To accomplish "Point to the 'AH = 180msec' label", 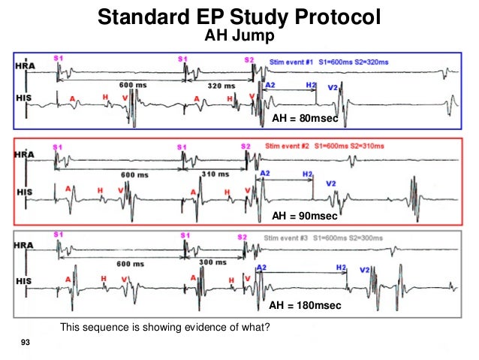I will click(305, 306).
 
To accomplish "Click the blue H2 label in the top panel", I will click(312, 86).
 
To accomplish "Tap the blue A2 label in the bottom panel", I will click(261, 268).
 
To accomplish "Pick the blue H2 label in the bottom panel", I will click(342, 268).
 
